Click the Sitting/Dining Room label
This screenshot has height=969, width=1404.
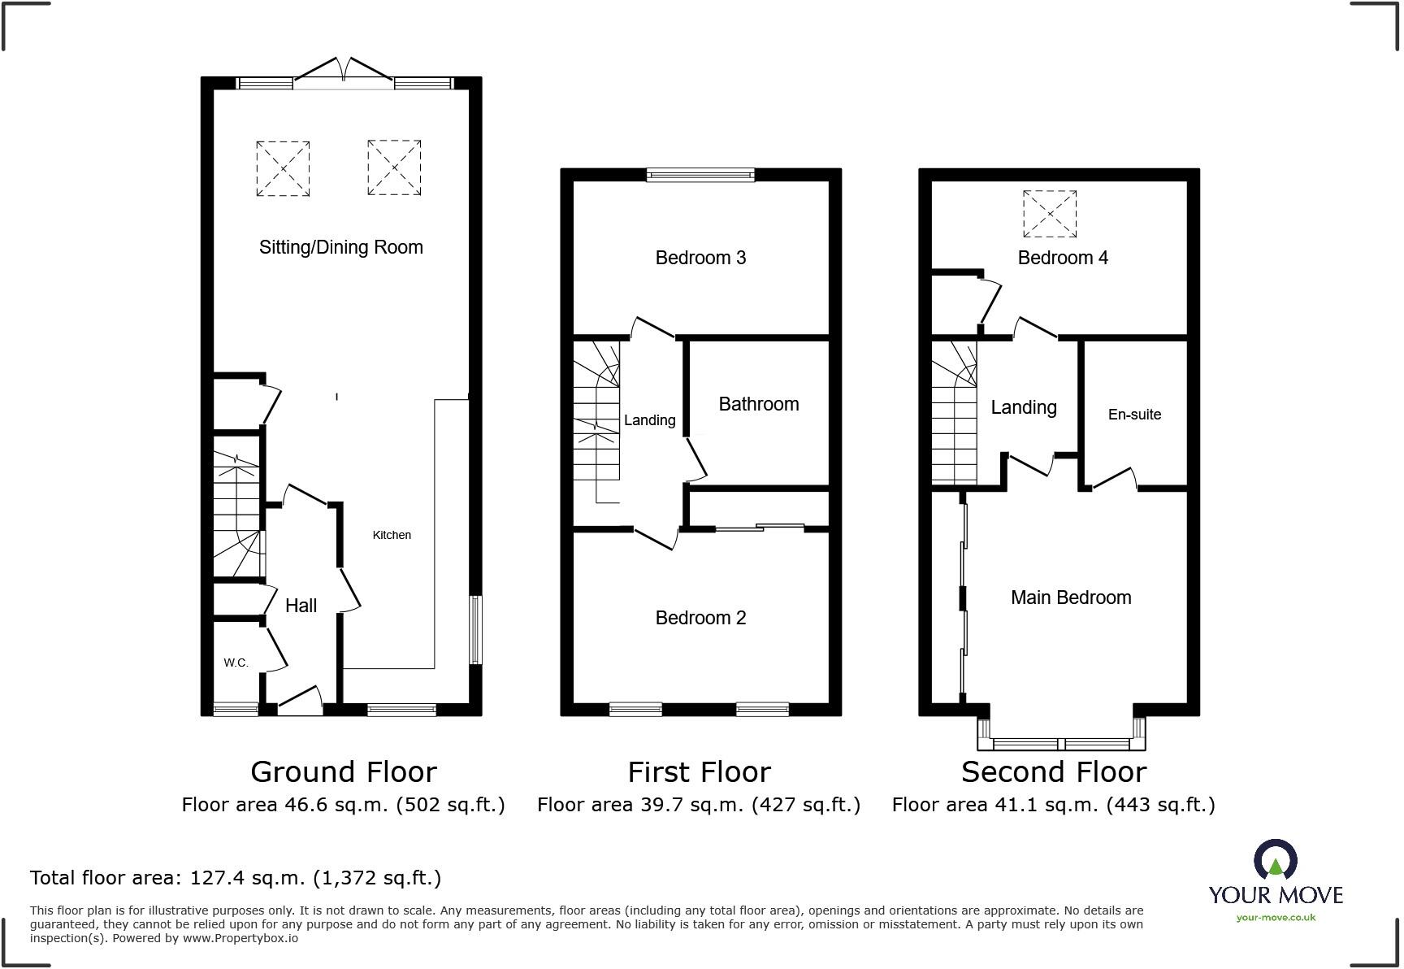click(x=341, y=247)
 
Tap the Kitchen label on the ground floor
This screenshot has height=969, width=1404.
click(x=392, y=535)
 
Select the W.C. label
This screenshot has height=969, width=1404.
click(x=236, y=663)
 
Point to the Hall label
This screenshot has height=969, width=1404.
click(x=301, y=606)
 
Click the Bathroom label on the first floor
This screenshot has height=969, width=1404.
click(x=759, y=404)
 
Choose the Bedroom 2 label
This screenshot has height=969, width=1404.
click(x=700, y=618)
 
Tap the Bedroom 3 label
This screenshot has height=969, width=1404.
click(x=700, y=258)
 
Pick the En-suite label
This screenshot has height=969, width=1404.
click(x=1134, y=415)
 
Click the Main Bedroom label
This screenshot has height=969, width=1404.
click(x=1071, y=597)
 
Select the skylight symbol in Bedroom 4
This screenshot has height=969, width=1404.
click(x=1050, y=215)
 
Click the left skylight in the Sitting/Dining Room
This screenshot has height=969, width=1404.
click(x=283, y=168)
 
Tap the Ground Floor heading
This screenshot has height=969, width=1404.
click(x=344, y=771)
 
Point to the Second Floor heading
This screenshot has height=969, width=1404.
click(x=1054, y=771)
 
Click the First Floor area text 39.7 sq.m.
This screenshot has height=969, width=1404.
click(x=699, y=805)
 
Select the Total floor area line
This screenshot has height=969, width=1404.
click(x=236, y=878)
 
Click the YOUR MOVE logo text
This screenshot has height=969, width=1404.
click(x=1276, y=895)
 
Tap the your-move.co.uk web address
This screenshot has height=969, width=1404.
click(x=1276, y=918)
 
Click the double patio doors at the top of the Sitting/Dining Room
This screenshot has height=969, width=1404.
click(x=343, y=70)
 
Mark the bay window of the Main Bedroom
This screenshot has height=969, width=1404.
click(x=1062, y=734)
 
